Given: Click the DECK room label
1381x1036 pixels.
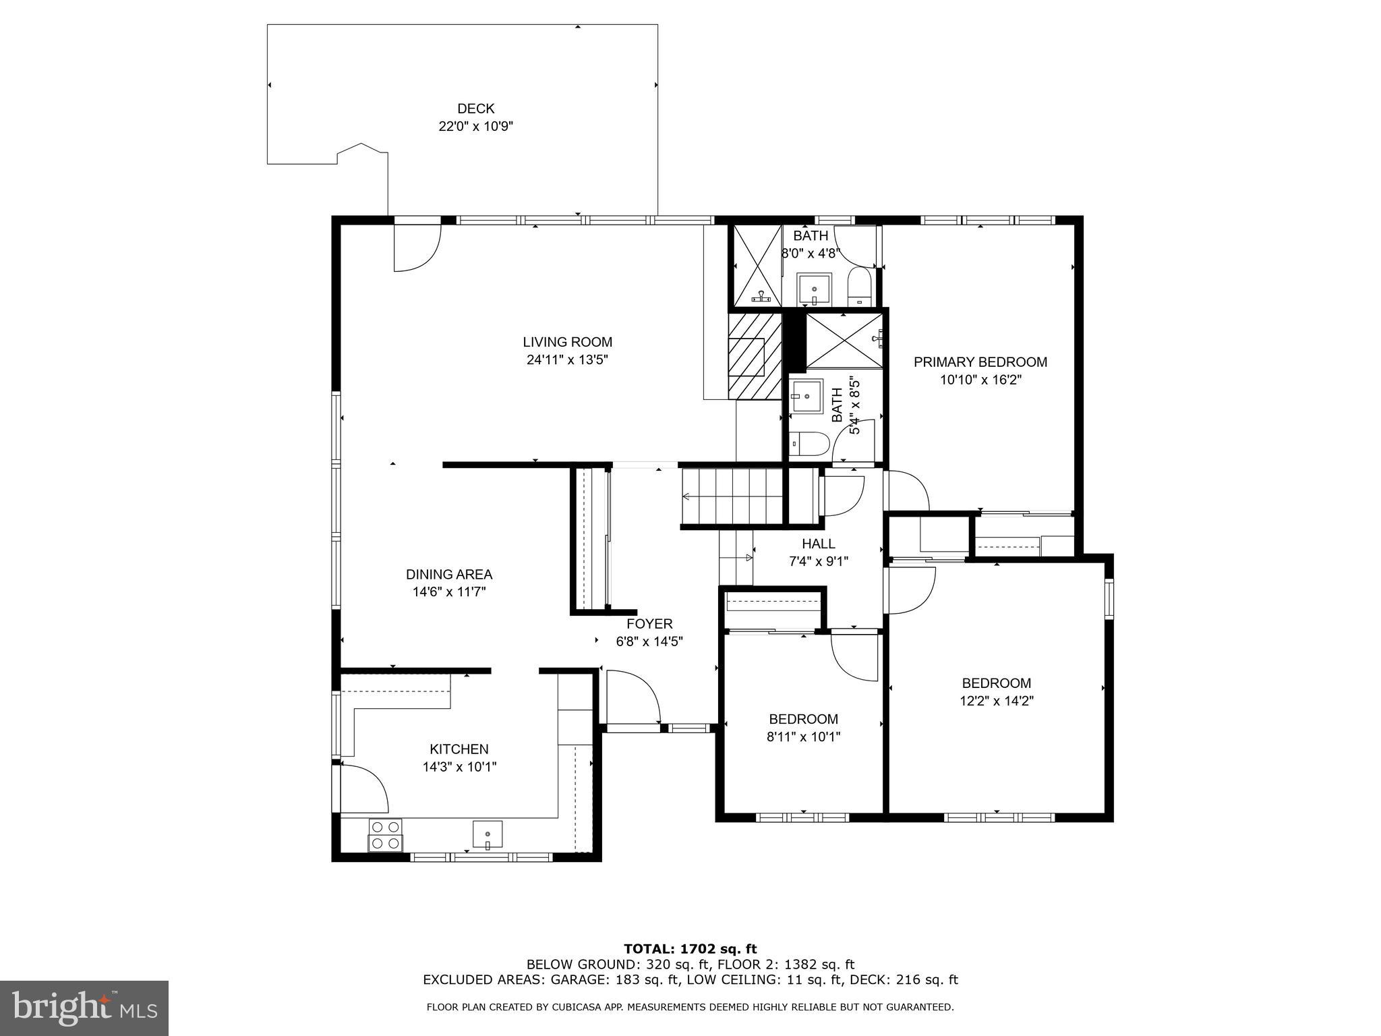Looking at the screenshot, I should [475, 109].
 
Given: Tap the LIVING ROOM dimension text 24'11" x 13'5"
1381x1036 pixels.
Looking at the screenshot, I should [567, 360].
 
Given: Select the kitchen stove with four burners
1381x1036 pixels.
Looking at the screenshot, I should [385, 834].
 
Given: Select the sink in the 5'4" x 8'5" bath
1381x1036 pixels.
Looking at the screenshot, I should [806, 396].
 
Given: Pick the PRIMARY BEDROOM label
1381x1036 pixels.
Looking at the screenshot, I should [980, 362].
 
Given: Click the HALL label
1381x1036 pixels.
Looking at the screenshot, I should [818, 544].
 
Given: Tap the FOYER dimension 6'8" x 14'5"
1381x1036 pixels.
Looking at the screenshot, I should [649, 641].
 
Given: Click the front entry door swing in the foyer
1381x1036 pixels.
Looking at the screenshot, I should [633, 697].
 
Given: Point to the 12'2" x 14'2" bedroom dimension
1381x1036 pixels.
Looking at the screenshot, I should [996, 701].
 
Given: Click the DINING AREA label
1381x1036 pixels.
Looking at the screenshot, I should [448, 575].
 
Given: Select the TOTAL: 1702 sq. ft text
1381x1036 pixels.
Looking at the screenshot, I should [690, 949].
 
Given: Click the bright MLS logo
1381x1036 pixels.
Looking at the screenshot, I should [84, 1008].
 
